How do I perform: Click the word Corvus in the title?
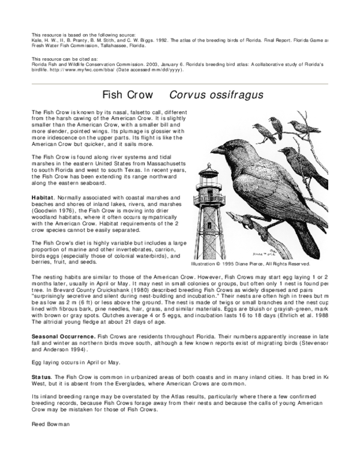click(x=185, y=95)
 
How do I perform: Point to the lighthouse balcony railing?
click(x=209, y=199)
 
